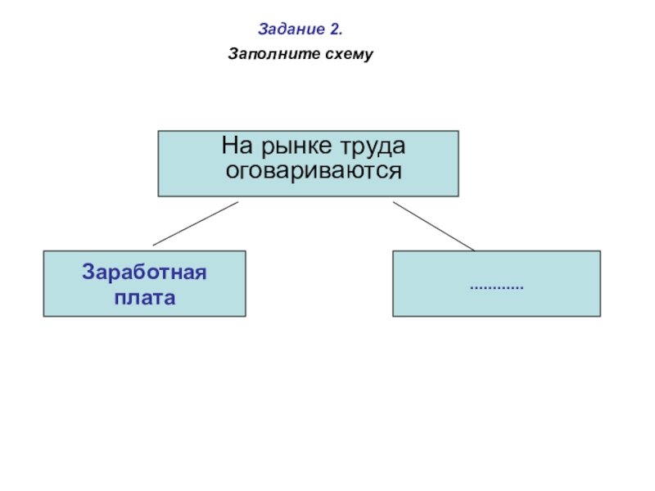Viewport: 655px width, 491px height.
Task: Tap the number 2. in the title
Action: coord(335,30)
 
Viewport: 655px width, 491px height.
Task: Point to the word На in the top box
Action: coord(234,147)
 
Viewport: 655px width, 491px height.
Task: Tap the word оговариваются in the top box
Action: coord(314,172)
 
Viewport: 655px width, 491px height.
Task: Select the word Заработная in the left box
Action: coord(144,272)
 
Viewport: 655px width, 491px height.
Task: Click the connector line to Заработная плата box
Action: coord(195,223)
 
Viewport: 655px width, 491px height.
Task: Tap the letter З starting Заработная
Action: coord(87,272)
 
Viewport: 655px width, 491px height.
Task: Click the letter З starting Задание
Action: coord(263,30)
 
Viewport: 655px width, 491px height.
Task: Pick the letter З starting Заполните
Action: coord(233,56)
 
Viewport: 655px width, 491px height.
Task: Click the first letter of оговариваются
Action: coord(232,172)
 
